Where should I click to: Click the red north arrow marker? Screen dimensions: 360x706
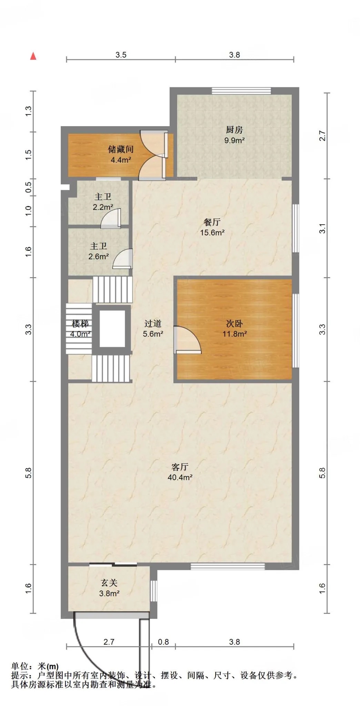pyautogui.click(x=33, y=56)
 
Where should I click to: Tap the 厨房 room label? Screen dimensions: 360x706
pyautogui.click(x=234, y=130)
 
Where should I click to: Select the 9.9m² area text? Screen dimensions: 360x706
pyautogui.click(x=234, y=140)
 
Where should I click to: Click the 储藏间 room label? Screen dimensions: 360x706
pyautogui.click(x=121, y=149)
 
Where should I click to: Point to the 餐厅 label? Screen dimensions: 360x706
pyautogui.click(x=212, y=222)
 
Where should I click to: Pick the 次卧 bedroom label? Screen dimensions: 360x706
pyautogui.click(x=234, y=323)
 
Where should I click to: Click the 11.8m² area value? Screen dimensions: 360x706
pyautogui.click(x=234, y=334)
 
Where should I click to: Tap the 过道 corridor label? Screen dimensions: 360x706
pyautogui.click(x=153, y=323)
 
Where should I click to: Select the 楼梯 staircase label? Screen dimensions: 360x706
pyautogui.click(x=80, y=323)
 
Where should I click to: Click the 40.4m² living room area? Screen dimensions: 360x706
pyautogui.click(x=180, y=477)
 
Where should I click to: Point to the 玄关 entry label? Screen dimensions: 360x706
pyautogui.click(x=109, y=583)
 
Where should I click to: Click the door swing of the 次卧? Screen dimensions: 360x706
pyautogui.click(x=188, y=340)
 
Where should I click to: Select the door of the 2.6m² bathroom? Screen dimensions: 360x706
pyautogui.click(x=123, y=259)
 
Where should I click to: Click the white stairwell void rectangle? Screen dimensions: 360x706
pyautogui.click(x=112, y=329)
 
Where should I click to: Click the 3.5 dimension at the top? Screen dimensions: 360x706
pyautogui.click(x=121, y=54)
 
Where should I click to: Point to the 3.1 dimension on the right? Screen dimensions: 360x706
pyautogui.click(x=322, y=228)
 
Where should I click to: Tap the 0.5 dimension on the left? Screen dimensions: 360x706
pyautogui.click(x=29, y=187)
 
